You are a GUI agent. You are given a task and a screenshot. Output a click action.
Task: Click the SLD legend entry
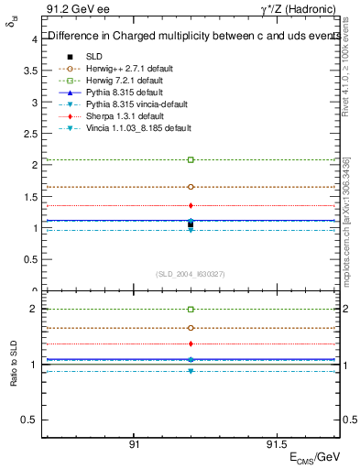point(94,56)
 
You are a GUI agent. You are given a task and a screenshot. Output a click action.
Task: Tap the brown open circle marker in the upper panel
point(191,187)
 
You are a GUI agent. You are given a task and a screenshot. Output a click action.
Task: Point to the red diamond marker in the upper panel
point(191,205)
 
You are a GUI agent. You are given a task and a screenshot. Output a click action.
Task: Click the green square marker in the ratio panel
point(191,310)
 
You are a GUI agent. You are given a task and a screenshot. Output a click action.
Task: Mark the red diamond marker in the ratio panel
point(191,344)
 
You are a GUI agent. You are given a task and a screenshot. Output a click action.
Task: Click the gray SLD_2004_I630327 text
point(191,274)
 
